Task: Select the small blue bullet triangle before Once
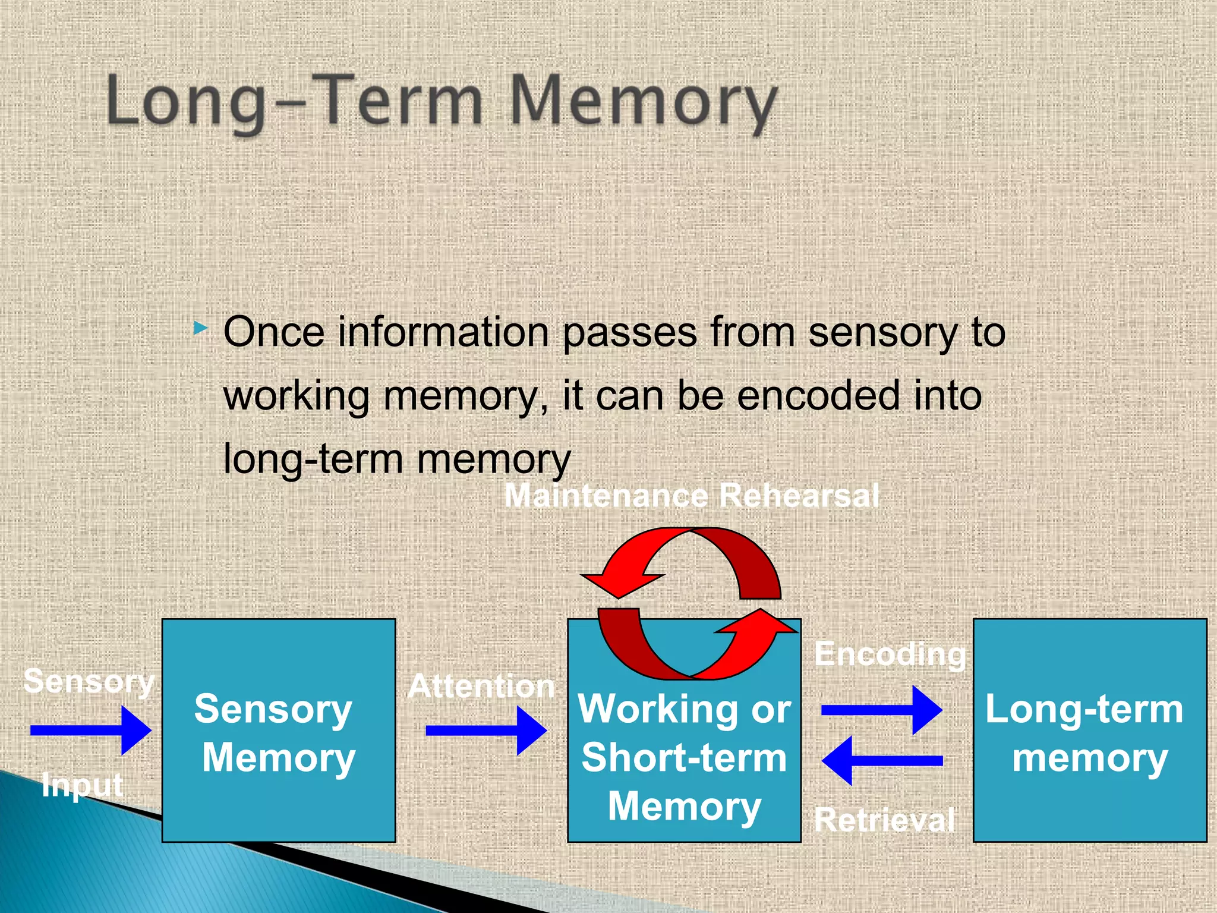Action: click(201, 328)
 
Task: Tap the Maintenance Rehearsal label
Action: click(691, 495)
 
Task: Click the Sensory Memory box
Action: click(279, 731)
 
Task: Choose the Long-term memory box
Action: click(1089, 731)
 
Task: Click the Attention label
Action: click(481, 687)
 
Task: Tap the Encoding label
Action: click(890, 654)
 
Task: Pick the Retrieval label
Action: click(884, 820)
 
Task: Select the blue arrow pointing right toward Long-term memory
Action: click(881, 710)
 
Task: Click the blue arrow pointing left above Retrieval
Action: click(881, 760)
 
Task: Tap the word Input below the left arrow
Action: click(83, 786)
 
